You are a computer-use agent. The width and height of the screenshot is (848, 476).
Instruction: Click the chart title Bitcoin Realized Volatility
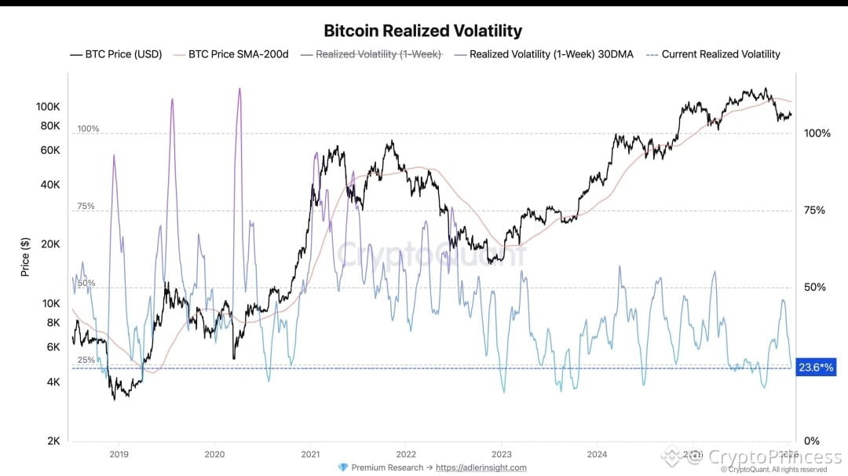(423, 31)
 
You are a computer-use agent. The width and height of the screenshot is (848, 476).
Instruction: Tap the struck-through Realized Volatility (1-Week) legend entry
(378, 54)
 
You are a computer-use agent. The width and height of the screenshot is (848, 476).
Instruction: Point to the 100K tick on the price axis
(49, 106)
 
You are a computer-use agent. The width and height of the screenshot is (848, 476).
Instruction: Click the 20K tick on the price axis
(50, 243)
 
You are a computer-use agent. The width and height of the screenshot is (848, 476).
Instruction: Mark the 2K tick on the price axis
(53, 441)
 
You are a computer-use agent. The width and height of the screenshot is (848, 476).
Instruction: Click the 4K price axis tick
(53, 382)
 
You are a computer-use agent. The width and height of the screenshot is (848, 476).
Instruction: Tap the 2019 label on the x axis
(119, 453)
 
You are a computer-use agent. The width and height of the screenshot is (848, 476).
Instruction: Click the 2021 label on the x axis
(310, 453)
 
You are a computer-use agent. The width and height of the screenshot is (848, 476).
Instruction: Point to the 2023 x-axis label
(501, 453)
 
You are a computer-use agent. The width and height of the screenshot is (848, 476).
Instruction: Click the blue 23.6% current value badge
(814, 367)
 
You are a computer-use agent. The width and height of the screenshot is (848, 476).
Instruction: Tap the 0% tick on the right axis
(812, 441)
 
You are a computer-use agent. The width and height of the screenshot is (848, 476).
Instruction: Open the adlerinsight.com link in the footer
(481, 467)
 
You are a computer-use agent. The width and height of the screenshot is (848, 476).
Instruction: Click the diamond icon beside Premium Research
(342, 467)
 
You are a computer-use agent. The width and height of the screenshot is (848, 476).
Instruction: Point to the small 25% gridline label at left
(86, 360)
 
